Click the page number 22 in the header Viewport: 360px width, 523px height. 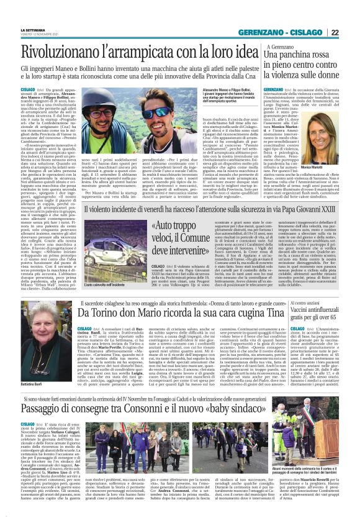(x=351, y=32)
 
